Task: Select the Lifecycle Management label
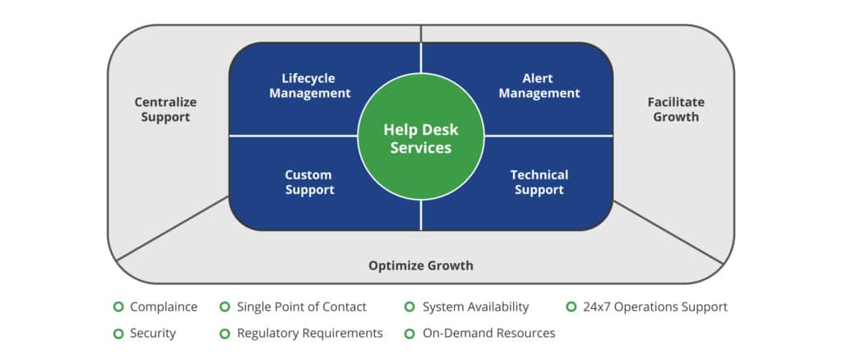point(308,85)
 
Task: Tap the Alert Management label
point(538,85)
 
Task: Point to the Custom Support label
point(308,182)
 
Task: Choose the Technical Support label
point(539,182)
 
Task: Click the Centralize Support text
point(165,109)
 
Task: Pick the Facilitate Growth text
point(676,109)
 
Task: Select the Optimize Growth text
point(420,265)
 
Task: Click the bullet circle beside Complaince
point(118,307)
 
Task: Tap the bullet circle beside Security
point(118,333)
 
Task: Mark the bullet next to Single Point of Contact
point(224,307)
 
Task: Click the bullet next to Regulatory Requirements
point(224,333)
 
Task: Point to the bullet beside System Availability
point(409,307)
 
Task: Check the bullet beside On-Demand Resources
point(409,333)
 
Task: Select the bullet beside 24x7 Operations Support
point(571,307)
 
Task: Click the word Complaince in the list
point(164,307)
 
